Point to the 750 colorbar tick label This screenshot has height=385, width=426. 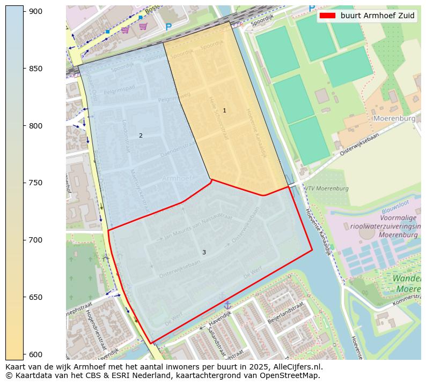click(x=36, y=183)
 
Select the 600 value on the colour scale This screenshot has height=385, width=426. click(x=36, y=354)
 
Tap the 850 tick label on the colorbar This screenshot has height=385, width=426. click(x=36, y=69)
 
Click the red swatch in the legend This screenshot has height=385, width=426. click(x=327, y=16)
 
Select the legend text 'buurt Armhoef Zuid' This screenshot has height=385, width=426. click(x=377, y=16)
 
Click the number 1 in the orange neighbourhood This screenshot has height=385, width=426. click(x=224, y=111)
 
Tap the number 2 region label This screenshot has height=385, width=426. click(x=141, y=136)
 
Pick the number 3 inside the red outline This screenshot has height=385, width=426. click(x=204, y=252)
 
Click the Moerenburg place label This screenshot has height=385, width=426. click(x=394, y=118)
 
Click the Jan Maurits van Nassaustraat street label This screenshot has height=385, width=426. click(x=198, y=226)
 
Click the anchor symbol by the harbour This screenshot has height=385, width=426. click(x=227, y=305)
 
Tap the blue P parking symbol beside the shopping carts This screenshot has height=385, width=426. click(x=168, y=27)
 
